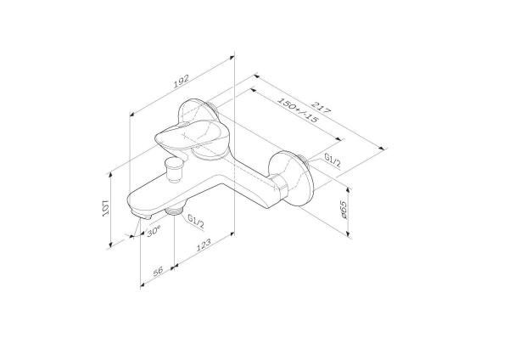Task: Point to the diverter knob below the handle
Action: click(175, 169)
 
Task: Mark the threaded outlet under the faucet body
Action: click(176, 211)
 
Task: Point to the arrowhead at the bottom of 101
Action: click(112, 247)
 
